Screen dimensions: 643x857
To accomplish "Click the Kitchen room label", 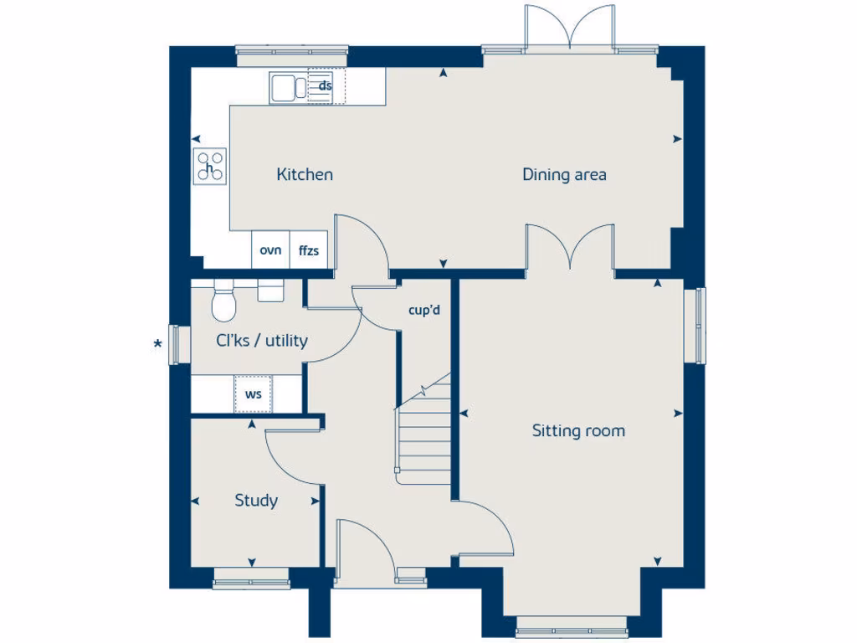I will [305, 175].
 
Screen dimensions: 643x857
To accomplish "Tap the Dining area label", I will [564, 175].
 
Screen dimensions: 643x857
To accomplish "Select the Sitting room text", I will [578, 431].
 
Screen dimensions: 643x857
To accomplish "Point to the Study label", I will [256, 501].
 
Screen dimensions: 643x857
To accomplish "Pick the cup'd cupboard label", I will [423, 311].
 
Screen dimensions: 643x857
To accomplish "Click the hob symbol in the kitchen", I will [210, 165].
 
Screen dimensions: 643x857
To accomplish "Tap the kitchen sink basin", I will [283, 86].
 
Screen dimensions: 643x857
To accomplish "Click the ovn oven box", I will [270, 250].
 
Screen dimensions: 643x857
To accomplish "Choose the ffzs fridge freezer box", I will [308, 250].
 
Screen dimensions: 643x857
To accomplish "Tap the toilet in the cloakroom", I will [223, 301].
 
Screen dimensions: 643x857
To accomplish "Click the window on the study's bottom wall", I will [250, 579].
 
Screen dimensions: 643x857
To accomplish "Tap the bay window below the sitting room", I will [572, 626].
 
